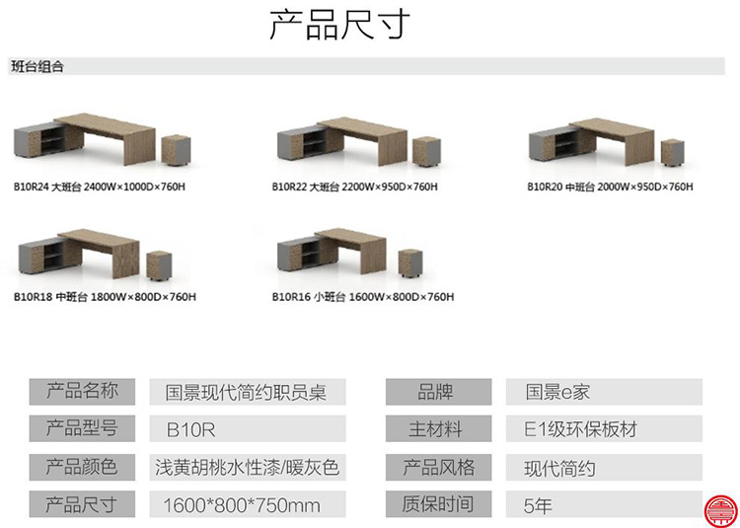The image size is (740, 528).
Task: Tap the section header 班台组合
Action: click(38, 67)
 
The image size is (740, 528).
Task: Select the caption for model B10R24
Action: click(99, 186)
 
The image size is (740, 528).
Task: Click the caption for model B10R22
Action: click(354, 186)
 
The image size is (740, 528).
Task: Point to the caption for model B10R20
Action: click(610, 186)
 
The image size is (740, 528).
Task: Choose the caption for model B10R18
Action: click(104, 296)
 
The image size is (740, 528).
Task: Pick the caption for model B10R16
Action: click(362, 296)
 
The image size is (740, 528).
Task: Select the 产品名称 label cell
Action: click(82, 391)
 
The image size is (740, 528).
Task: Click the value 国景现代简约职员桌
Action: click(247, 392)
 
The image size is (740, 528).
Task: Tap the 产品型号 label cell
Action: click(82, 428)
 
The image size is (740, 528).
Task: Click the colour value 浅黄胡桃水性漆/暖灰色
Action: click(247, 467)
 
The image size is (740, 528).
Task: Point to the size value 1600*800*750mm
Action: click(242, 504)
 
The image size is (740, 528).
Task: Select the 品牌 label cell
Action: click(435, 392)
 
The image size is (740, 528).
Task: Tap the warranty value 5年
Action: click(538, 504)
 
